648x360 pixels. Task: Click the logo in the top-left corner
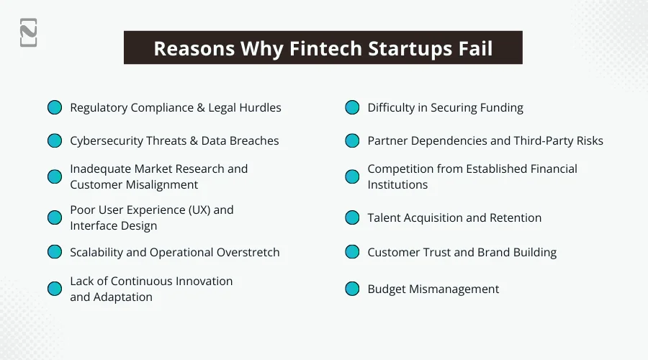(29, 32)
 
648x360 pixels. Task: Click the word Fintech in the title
(326, 48)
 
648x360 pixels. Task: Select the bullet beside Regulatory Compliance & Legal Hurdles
(55, 107)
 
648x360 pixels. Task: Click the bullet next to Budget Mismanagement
(352, 289)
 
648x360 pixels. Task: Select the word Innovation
(204, 281)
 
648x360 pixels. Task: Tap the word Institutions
(397, 185)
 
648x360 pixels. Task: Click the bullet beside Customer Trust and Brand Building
(352, 252)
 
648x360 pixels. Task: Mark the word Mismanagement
(454, 289)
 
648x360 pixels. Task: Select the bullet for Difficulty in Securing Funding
(352, 107)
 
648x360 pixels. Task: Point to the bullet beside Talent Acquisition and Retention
(352, 217)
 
